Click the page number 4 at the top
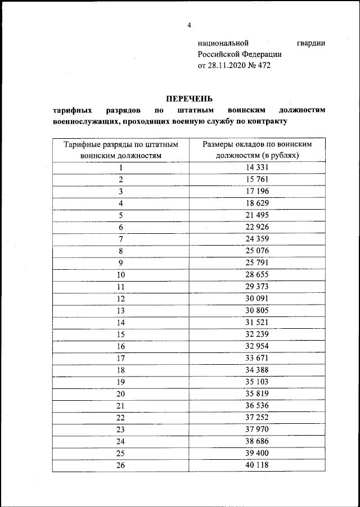(x=190, y=25)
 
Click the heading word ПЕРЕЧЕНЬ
(x=190, y=99)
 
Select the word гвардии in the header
(x=310, y=43)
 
